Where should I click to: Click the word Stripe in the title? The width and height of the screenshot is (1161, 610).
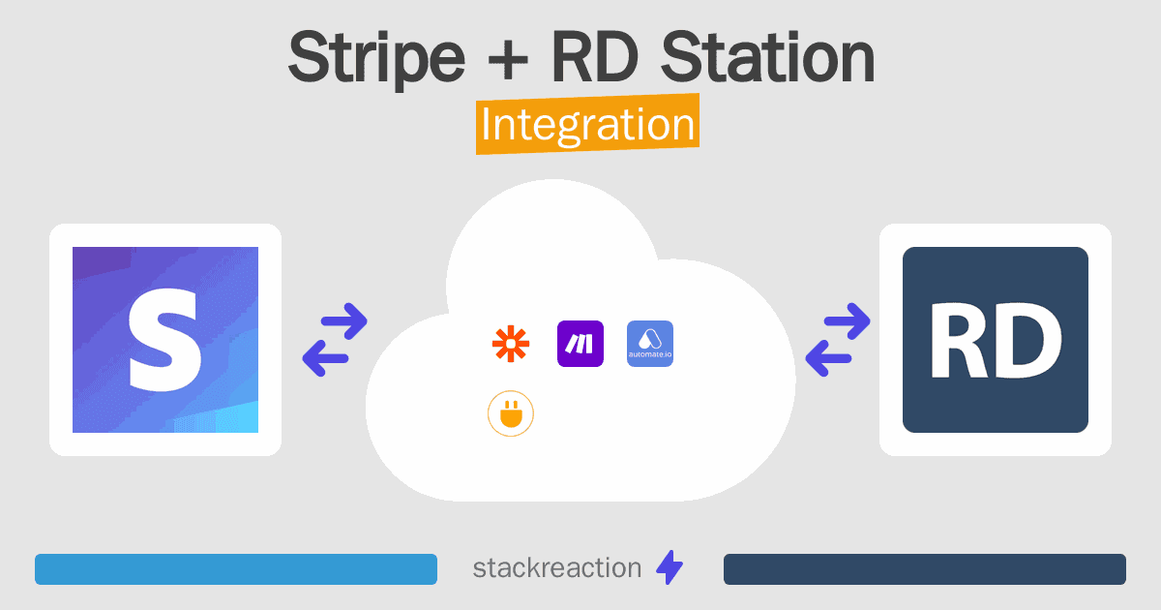pyautogui.click(x=376, y=58)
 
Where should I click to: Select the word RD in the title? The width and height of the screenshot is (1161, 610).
pyautogui.click(x=594, y=56)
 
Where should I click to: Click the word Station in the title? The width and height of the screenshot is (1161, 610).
pyautogui.click(x=768, y=56)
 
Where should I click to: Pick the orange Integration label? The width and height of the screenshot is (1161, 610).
pyautogui.click(x=588, y=124)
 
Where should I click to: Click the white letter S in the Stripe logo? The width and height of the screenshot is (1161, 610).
pyautogui.click(x=164, y=340)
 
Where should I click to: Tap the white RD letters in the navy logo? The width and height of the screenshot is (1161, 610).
pyautogui.click(x=996, y=341)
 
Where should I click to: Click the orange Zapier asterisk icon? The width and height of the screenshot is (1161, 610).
pyautogui.click(x=511, y=344)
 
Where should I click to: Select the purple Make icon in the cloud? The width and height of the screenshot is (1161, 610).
pyautogui.click(x=580, y=344)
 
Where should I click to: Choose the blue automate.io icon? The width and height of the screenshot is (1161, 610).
pyautogui.click(x=650, y=344)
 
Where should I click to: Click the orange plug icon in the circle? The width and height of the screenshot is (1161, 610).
pyautogui.click(x=511, y=413)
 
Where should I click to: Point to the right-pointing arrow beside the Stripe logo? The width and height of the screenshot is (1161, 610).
pyautogui.click(x=343, y=321)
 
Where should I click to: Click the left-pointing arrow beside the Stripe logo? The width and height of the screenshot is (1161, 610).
pyautogui.click(x=325, y=358)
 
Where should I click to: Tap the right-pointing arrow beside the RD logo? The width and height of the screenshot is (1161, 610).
pyautogui.click(x=847, y=321)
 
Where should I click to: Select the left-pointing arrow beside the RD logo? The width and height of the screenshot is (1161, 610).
pyautogui.click(x=829, y=358)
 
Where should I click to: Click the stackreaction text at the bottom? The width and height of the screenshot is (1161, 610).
pyautogui.click(x=557, y=568)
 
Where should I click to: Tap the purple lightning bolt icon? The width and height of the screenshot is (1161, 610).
pyautogui.click(x=670, y=567)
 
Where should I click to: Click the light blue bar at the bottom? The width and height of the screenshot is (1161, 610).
pyautogui.click(x=236, y=569)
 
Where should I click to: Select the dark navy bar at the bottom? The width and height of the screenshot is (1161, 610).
pyautogui.click(x=925, y=569)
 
